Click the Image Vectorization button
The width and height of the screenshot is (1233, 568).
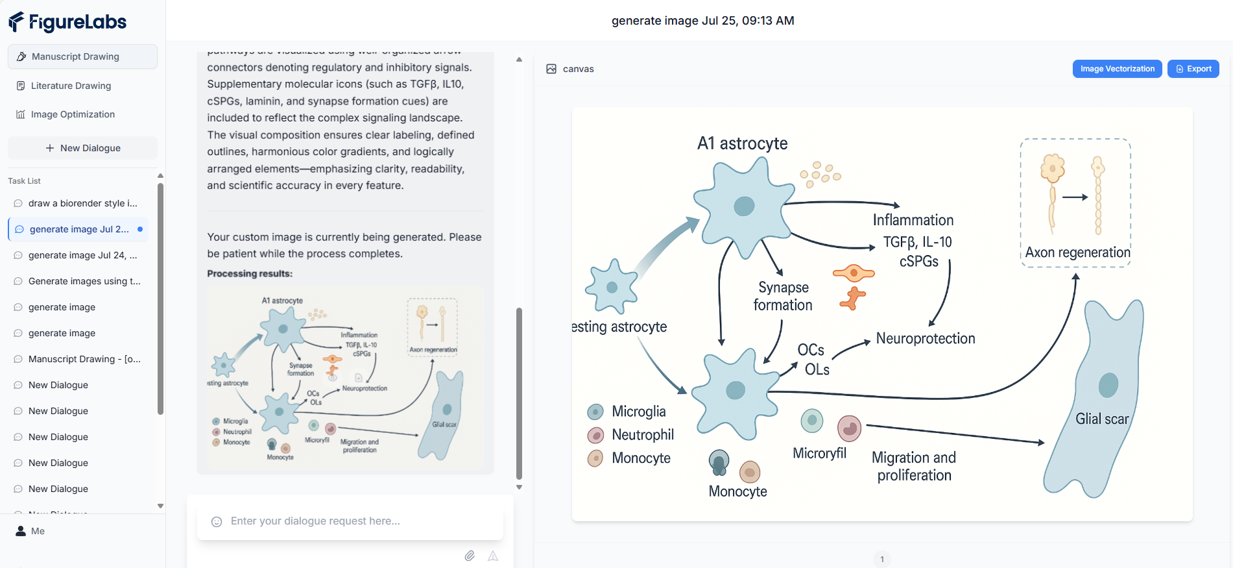[1117, 69]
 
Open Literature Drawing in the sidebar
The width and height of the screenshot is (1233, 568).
[71, 86]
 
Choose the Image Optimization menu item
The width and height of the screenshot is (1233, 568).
[73, 114]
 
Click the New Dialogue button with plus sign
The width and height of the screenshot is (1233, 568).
[82, 148]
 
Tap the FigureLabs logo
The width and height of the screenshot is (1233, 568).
[67, 22]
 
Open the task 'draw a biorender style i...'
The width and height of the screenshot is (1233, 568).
[82, 203]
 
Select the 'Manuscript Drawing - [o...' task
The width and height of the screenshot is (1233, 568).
[84, 359]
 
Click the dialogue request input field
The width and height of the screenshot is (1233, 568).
[350, 521]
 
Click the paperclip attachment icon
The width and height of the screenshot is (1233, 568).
[470, 556]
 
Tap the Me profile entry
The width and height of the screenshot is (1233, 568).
[38, 531]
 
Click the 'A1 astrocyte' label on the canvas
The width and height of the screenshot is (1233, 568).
[742, 143]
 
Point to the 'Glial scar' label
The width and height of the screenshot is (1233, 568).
[1102, 419]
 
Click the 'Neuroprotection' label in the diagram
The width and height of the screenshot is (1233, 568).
[926, 338]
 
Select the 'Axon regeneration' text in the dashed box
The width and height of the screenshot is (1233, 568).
[1077, 253]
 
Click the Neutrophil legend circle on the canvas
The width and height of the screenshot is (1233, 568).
[595, 435]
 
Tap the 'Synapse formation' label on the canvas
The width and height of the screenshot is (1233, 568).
[783, 296]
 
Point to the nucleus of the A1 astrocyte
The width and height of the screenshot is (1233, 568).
[744, 206]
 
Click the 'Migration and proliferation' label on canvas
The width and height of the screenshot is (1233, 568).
[914, 466]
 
